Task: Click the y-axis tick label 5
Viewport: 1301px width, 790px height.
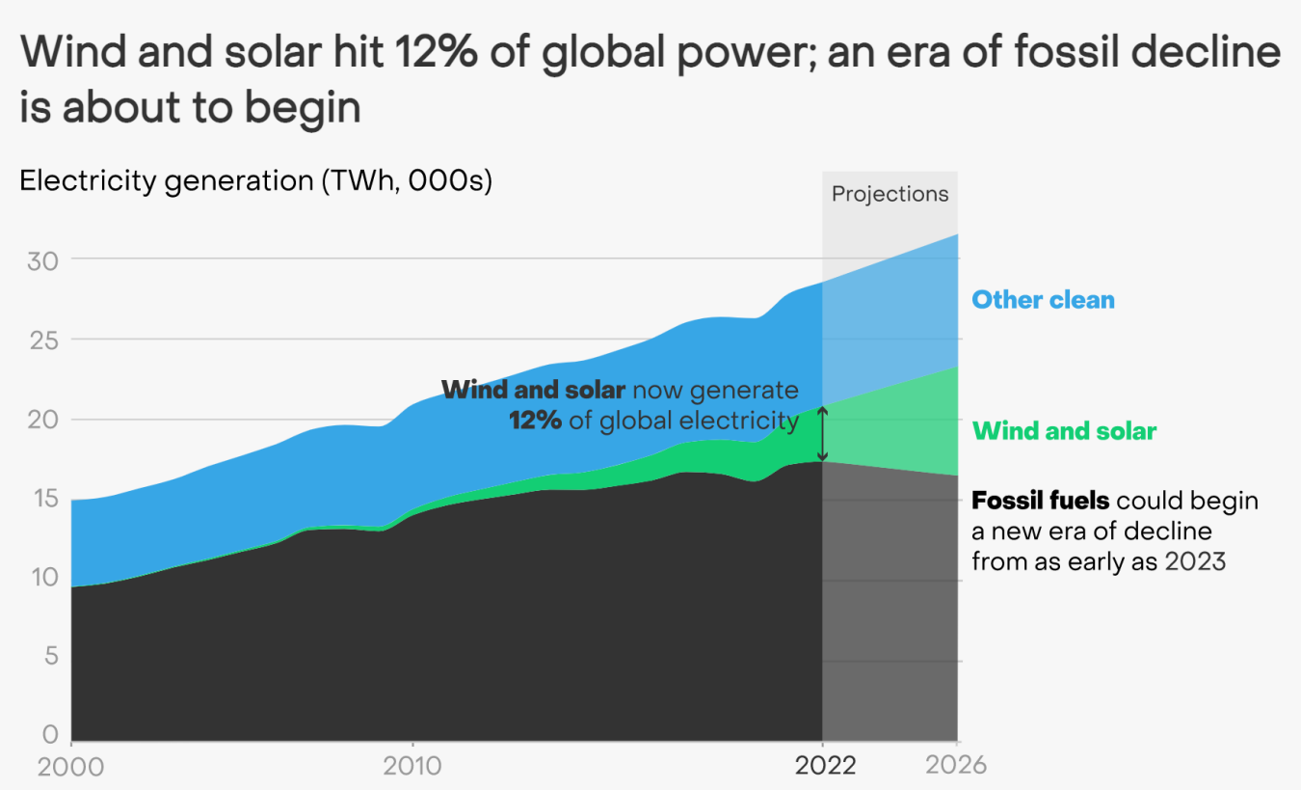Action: (x=50, y=657)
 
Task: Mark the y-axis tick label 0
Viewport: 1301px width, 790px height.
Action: (x=50, y=735)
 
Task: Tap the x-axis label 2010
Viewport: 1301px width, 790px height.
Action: (x=412, y=767)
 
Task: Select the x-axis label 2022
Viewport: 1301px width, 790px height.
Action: (x=825, y=767)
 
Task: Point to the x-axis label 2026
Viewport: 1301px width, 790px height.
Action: (x=956, y=767)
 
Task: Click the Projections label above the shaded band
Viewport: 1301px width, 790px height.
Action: (x=889, y=194)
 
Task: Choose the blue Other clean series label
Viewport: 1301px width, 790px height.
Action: (x=1043, y=300)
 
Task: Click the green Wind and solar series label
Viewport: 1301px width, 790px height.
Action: (x=1064, y=431)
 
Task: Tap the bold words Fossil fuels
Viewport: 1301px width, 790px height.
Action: (x=1041, y=502)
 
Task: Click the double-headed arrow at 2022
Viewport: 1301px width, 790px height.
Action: (x=822, y=434)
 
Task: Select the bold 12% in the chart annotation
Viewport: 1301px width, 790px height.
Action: (x=536, y=422)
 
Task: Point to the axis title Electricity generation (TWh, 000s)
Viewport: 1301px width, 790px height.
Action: (x=255, y=181)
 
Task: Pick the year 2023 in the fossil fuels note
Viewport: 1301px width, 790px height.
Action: (x=1194, y=561)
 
